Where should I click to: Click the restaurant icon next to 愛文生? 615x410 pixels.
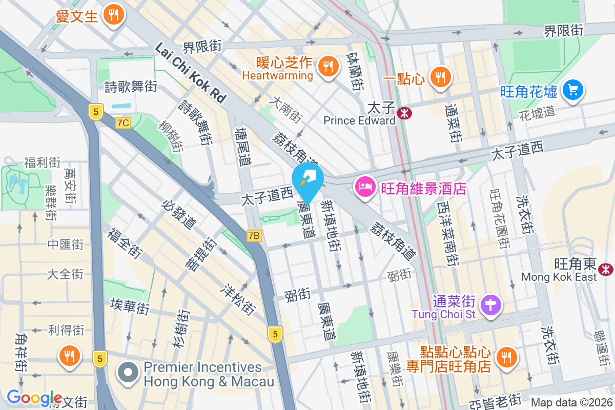(x=114, y=15)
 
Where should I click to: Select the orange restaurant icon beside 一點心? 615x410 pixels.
(x=440, y=77)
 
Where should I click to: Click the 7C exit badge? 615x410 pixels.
(x=124, y=123)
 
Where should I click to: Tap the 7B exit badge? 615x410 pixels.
(x=254, y=236)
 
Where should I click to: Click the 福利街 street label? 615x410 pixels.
(x=42, y=163)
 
